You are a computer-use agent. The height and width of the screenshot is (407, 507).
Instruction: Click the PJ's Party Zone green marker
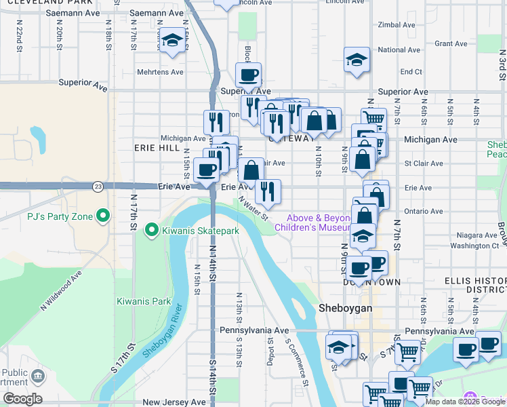pyautogui.click(x=103, y=217)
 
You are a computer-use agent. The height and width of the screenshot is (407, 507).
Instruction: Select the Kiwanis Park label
pyautogui.click(x=143, y=301)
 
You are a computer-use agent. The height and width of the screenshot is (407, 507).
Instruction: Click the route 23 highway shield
pyautogui.click(x=99, y=186)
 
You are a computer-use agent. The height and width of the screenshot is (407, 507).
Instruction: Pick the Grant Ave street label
pyautogui.click(x=451, y=43)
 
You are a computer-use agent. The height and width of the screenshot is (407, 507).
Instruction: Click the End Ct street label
pyautogui.click(x=411, y=72)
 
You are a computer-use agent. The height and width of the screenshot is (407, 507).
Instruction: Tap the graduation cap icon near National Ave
pyautogui.click(x=357, y=60)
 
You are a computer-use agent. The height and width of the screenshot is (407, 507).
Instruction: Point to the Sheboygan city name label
pyautogui.click(x=345, y=308)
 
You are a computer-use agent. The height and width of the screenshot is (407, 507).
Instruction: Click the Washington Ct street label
pyautogui.click(x=460, y=246)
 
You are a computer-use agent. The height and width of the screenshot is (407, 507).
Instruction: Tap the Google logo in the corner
pyautogui.click(x=22, y=399)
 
